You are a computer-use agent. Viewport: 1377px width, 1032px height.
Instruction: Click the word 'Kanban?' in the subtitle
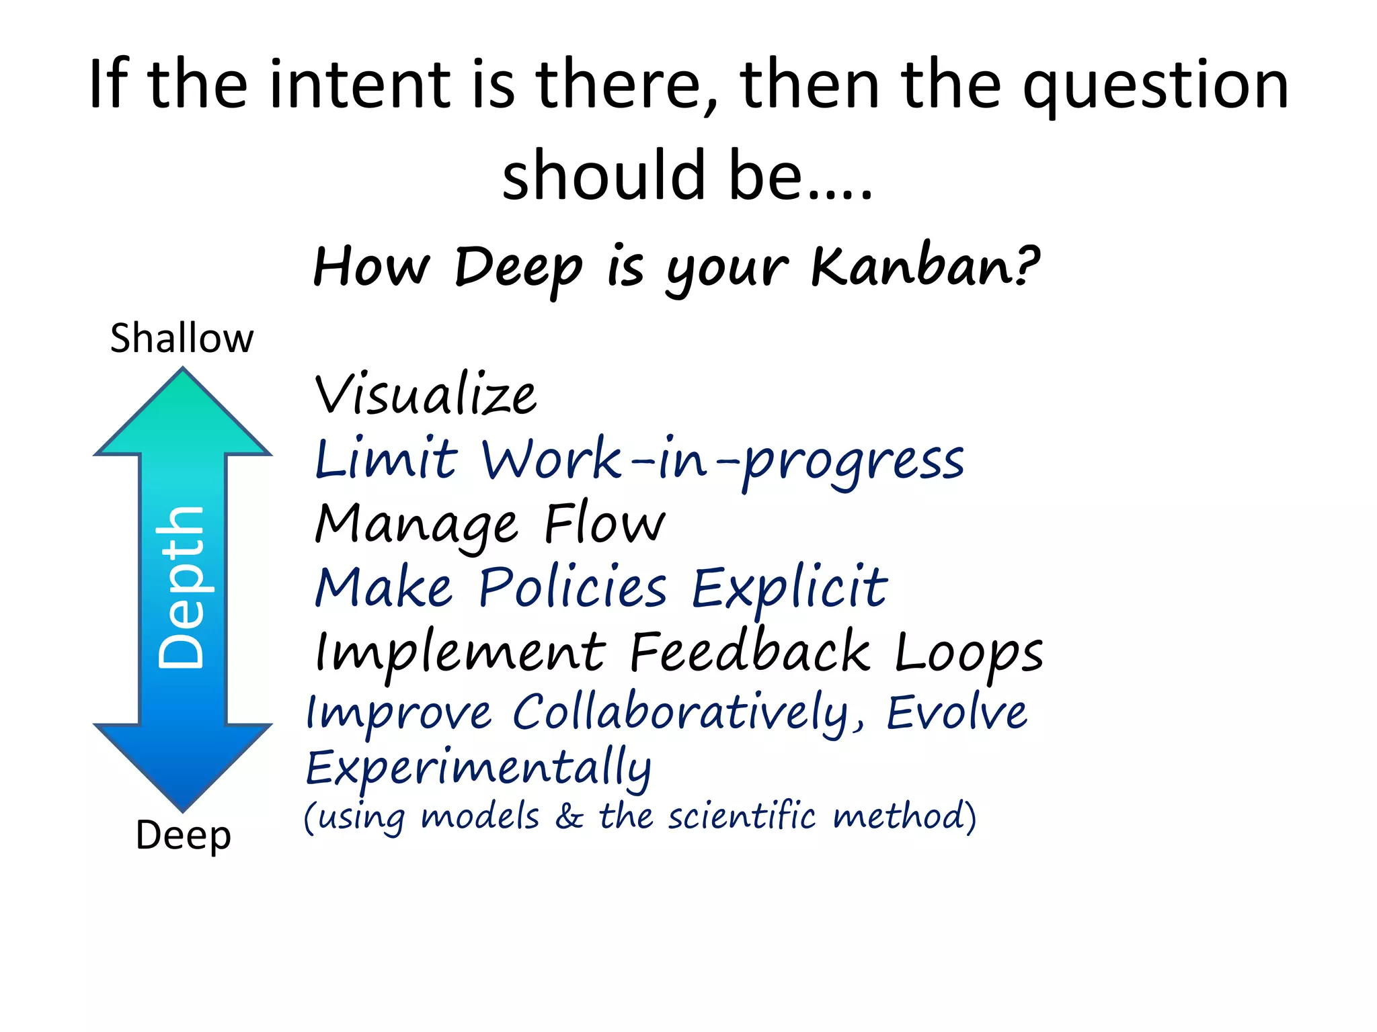click(925, 266)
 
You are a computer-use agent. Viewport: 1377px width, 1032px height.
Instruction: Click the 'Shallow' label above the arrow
click(182, 338)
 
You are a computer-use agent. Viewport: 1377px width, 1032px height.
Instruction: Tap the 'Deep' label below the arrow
click(183, 836)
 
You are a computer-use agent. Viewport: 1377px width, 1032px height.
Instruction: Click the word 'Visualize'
click(426, 395)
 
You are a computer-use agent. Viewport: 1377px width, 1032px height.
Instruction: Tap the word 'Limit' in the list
click(386, 460)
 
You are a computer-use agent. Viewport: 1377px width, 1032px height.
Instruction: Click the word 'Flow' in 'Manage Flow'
click(604, 524)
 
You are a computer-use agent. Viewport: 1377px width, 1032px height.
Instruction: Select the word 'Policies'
click(572, 588)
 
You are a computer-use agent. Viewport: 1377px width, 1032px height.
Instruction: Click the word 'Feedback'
click(750, 652)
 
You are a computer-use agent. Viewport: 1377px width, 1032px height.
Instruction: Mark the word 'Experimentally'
click(478, 768)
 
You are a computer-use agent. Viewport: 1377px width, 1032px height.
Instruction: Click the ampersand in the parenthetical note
click(569, 817)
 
